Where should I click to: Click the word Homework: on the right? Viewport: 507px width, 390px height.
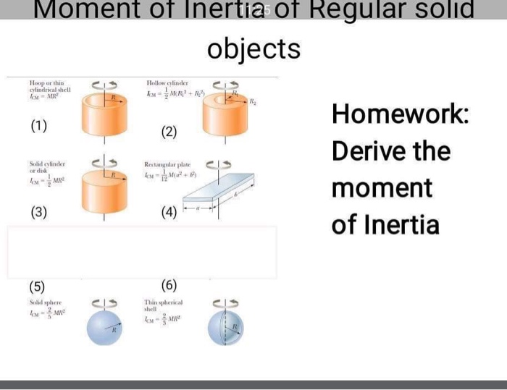[x=401, y=115]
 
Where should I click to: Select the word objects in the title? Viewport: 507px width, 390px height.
[x=253, y=49]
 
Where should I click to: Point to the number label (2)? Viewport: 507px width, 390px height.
[x=169, y=132]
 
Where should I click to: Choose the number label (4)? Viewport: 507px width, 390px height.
[x=169, y=213]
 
